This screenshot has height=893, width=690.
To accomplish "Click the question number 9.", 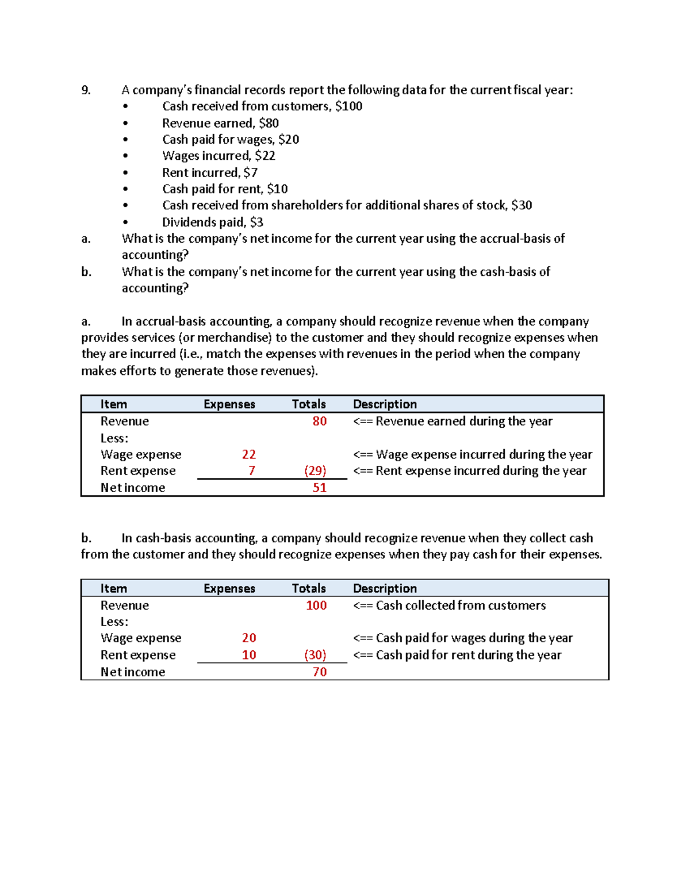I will tap(86, 90).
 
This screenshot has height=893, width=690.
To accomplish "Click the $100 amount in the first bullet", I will tap(348, 106).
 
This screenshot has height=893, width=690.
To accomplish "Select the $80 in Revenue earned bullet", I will tap(269, 123).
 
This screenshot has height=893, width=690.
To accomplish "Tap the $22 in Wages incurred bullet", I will tap(265, 156).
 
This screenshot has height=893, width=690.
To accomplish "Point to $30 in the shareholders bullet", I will tap(522, 205).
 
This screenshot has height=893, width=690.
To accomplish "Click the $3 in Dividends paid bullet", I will tap(256, 222).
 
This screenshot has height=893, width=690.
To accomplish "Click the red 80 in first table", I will tap(319, 421).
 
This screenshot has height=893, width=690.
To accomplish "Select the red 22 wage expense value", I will tap(248, 454).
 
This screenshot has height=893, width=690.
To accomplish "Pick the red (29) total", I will tap(315, 471).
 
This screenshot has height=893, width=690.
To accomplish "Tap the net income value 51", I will tap(319, 488).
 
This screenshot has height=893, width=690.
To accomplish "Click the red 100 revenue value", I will tap(316, 605).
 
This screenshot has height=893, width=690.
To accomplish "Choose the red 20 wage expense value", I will tap(248, 638).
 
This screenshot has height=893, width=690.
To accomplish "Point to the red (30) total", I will tap(315, 655).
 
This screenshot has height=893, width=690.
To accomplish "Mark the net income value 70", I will tap(319, 672).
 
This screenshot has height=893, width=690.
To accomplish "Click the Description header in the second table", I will tap(385, 588).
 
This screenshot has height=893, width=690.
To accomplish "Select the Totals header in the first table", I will tap(309, 404).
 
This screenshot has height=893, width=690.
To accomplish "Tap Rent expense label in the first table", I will tap(138, 471).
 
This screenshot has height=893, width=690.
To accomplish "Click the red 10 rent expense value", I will tap(248, 655).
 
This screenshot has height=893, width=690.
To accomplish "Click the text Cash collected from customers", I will tap(461, 605).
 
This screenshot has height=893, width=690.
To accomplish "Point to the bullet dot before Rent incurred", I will tap(125, 173).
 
